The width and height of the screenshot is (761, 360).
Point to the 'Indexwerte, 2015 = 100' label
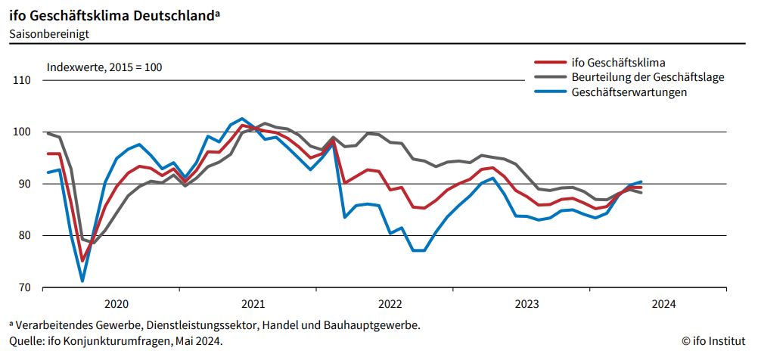click(x=104, y=67)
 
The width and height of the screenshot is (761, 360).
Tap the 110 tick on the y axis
click(x=21, y=80)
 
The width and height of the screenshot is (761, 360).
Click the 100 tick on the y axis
click(x=21, y=132)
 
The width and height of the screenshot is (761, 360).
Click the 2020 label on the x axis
click(x=116, y=304)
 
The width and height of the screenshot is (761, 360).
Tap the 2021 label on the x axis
click(x=253, y=304)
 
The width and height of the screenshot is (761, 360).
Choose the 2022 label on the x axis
click(x=390, y=304)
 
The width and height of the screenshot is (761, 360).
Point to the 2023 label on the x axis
click(x=526, y=304)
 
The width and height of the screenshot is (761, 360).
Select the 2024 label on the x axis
click(x=663, y=304)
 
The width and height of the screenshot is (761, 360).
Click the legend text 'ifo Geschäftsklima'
click(x=619, y=63)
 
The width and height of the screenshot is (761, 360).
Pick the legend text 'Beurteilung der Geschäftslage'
click(x=648, y=77)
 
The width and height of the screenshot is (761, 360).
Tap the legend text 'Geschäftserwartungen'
click(x=629, y=92)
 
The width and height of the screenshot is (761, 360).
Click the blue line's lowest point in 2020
click(x=82, y=281)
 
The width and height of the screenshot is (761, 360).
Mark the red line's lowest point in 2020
click(x=82, y=261)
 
